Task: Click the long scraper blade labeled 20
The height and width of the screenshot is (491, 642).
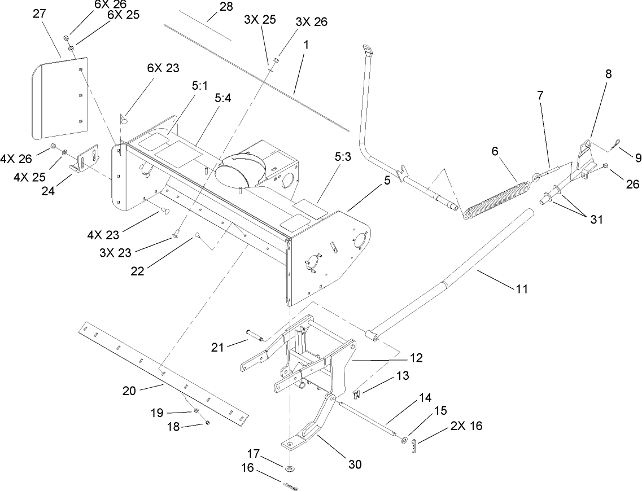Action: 164,373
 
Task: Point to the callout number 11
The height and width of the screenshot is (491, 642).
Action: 521,288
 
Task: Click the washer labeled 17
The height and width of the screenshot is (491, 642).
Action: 290,468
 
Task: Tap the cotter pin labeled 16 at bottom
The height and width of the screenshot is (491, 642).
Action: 291,486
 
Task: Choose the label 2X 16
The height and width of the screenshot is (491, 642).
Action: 466,425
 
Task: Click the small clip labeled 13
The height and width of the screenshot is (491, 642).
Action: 357,391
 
